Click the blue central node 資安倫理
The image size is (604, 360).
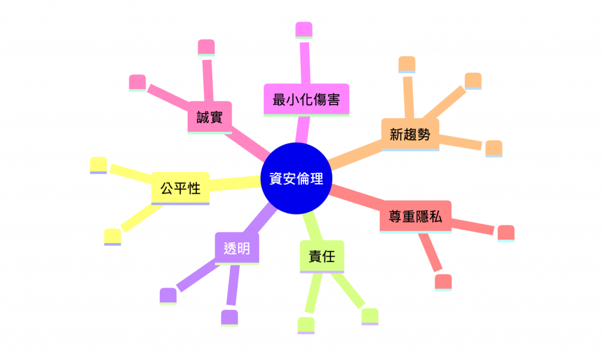tap(296, 179)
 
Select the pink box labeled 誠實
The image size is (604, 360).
tap(209, 118)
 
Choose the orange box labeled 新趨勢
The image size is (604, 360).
tap(410, 134)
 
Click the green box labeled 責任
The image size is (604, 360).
tap(321, 257)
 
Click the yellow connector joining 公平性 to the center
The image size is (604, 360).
tap(236, 184)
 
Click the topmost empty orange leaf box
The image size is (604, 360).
tap(407, 63)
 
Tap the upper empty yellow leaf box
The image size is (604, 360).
tap(98, 165)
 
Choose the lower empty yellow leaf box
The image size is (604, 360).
tap(112, 235)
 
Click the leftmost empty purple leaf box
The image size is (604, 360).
tap(168, 295)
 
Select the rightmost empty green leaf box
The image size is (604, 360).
tap(369, 315)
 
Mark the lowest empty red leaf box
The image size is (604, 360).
tap(443, 281)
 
